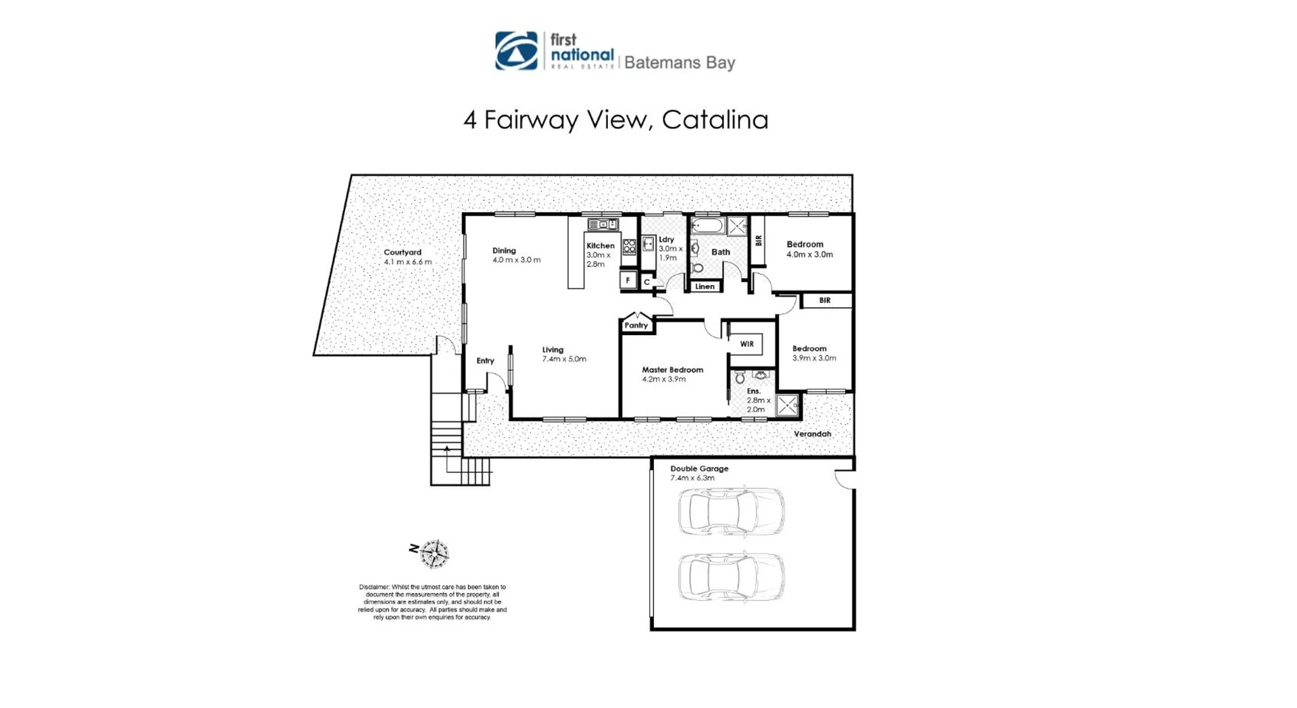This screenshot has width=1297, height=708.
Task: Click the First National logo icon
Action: tap(516, 51)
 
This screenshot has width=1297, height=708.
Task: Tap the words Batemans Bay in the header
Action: tap(679, 63)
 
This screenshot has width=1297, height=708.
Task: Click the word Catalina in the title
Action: tap(715, 120)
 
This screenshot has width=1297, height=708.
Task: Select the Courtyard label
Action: tap(403, 252)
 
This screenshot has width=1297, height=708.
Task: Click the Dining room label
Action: tap(504, 251)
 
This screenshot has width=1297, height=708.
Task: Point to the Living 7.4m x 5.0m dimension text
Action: tap(564, 359)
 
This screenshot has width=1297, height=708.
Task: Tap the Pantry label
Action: tap(636, 325)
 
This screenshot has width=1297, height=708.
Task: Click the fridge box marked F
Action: tap(628, 280)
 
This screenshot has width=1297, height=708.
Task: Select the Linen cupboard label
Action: tap(705, 286)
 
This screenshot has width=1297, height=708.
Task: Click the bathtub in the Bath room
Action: tap(707, 225)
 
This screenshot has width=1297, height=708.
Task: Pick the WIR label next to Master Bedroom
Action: tap(746, 344)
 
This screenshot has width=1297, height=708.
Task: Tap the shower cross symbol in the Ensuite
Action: tap(787, 405)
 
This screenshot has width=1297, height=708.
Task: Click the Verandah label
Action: tap(812, 434)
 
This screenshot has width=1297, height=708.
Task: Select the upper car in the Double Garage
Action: tap(731, 511)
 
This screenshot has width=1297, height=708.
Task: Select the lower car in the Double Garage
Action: tap(731, 576)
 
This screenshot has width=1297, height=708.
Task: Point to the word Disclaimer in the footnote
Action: tap(374, 587)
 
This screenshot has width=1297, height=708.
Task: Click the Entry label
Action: tap(485, 361)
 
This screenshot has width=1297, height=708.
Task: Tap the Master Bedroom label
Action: tap(672, 370)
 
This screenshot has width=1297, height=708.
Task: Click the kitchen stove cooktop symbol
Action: tap(629, 247)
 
